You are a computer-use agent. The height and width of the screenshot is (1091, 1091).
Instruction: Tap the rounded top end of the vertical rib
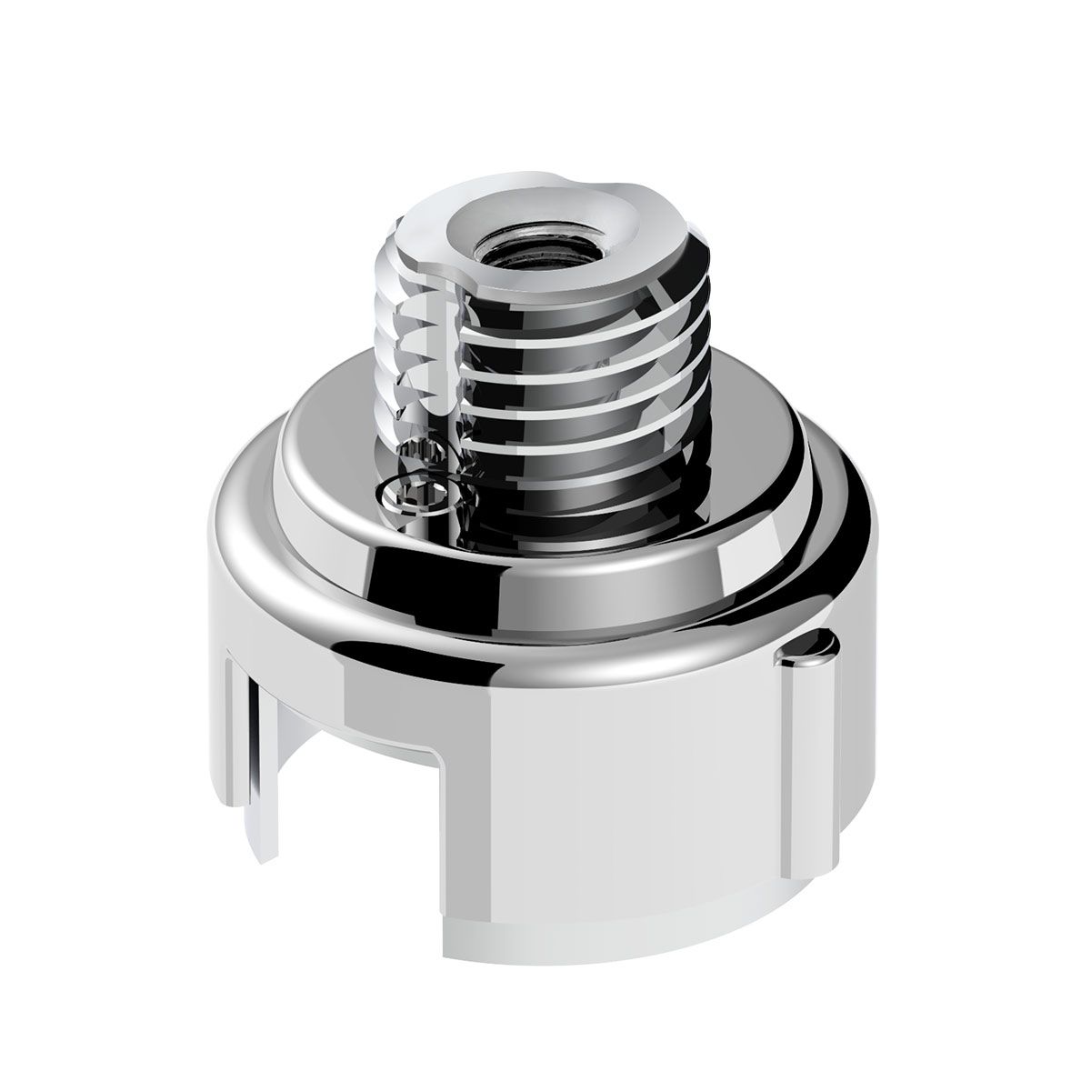(x=812, y=646)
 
